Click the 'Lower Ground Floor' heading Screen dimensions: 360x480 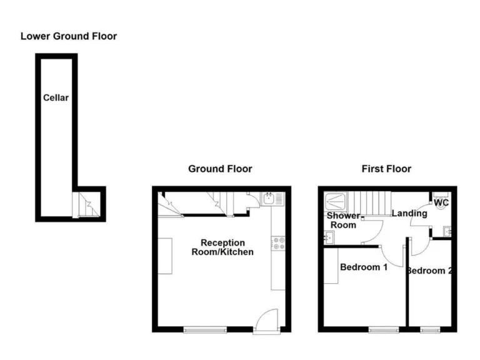click(69, 36)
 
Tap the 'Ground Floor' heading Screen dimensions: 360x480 click(221, 169)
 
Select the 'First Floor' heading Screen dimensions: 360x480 click(386, 169)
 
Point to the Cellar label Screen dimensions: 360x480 click(56, 97)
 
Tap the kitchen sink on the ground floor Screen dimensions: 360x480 click(271, 199)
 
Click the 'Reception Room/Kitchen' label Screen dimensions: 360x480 click(222, 247)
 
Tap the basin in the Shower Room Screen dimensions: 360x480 click(329, 237)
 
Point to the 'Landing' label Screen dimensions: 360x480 click(409, 213)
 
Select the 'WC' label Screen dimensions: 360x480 click(441, 203)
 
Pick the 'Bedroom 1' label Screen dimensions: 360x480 click(364, 267)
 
